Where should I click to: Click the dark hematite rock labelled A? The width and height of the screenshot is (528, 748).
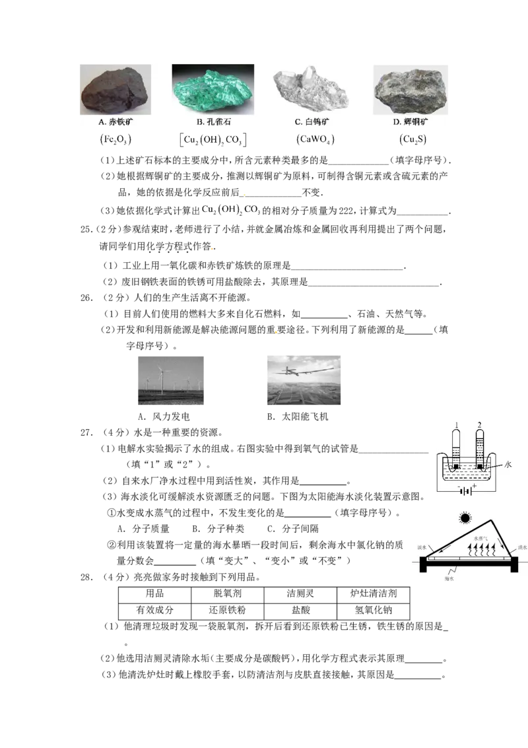click(114, 92)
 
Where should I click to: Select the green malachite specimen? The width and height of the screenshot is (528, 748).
click(212, 92)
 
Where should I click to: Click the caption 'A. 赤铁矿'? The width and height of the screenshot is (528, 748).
click(115, 122)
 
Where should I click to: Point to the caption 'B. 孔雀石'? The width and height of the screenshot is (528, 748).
click(214, 122)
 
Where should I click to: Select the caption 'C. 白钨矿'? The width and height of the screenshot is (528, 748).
click(308, 122)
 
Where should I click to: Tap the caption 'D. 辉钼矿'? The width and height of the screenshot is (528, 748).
click(411, 122)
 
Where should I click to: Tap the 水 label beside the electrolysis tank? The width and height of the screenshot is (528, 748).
click(508, 464)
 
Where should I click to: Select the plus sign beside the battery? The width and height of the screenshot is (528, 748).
click(475, 486)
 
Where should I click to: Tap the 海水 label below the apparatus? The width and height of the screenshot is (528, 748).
click(449, 578)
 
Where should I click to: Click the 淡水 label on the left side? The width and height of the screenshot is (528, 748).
click(421, 547)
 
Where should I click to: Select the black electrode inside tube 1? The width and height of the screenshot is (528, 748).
click(456, 467)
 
